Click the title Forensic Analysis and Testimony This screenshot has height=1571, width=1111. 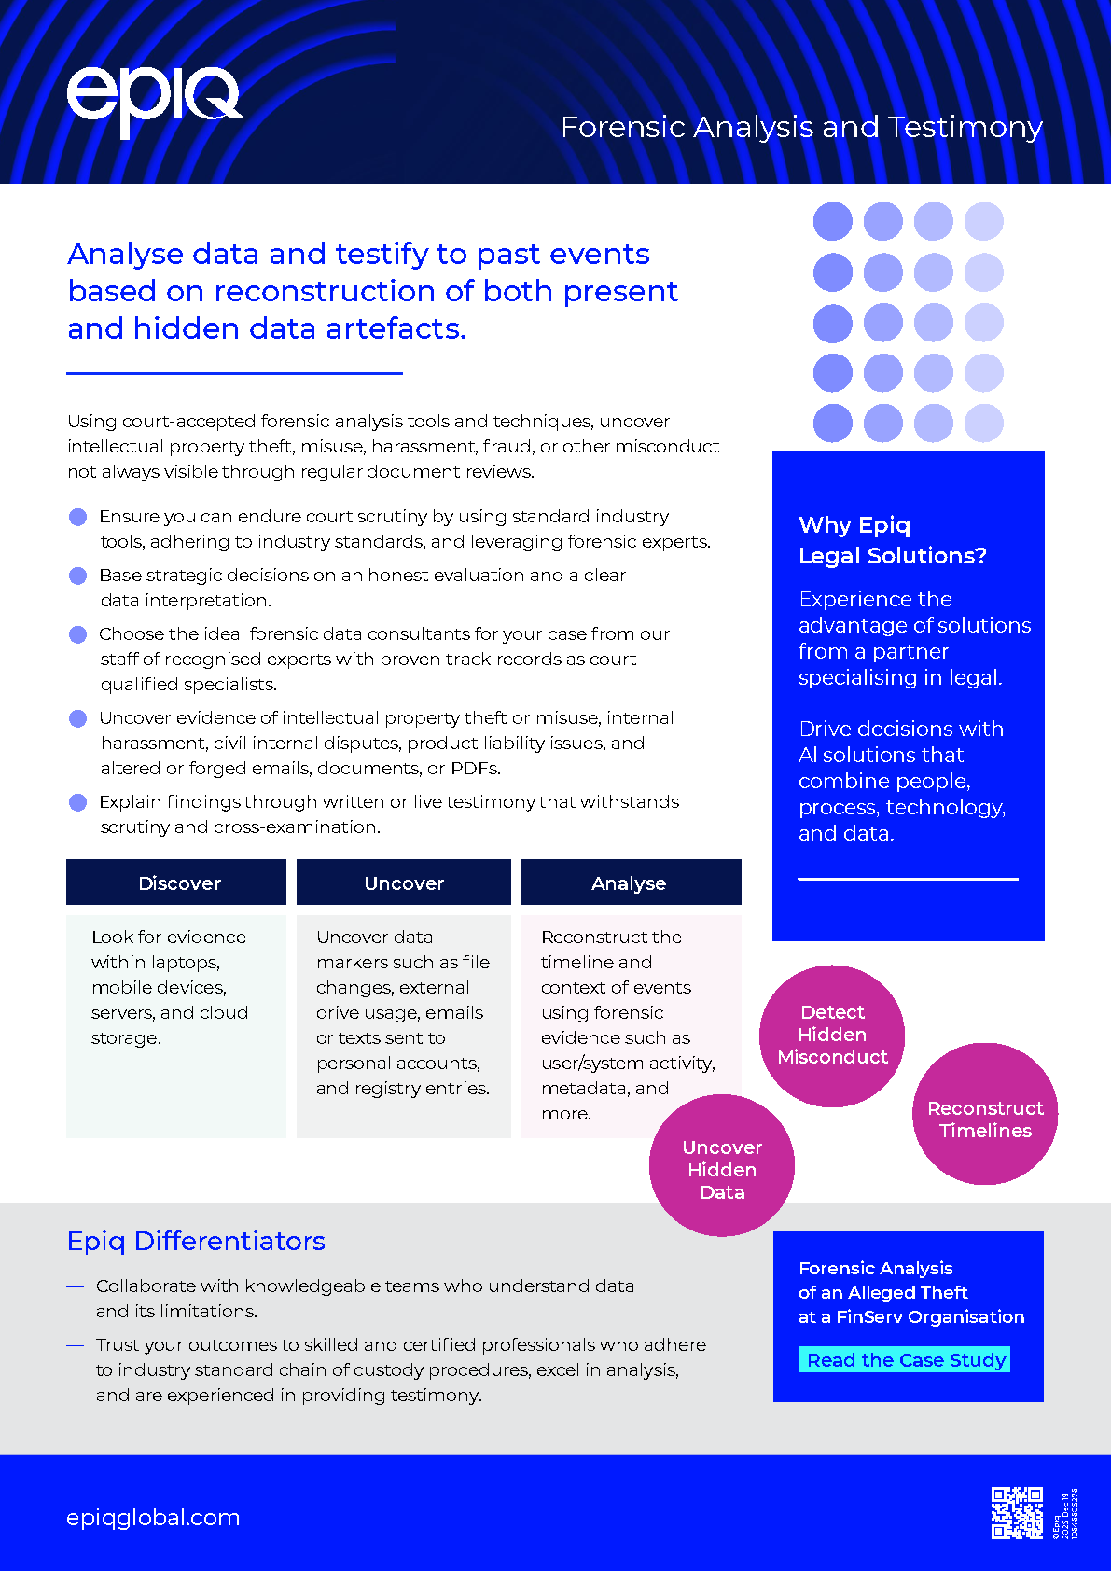[801, 127]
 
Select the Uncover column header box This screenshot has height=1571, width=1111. [404, 883]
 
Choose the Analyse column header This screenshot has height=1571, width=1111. [631, 883]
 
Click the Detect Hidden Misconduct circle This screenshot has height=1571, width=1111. [832, 1036]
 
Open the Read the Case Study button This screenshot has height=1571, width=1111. [905, 1359]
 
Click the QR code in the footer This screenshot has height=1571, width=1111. [1017, 1512]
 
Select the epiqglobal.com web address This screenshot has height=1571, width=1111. [153, 1518]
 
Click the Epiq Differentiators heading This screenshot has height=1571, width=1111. [196, 1241]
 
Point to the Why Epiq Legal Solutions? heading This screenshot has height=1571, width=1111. [892, 540]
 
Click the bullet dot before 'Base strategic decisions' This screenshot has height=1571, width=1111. [78, 576]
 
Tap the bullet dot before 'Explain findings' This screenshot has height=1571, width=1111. [78, 802]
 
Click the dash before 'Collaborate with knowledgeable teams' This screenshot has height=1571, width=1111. [76, 1286]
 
